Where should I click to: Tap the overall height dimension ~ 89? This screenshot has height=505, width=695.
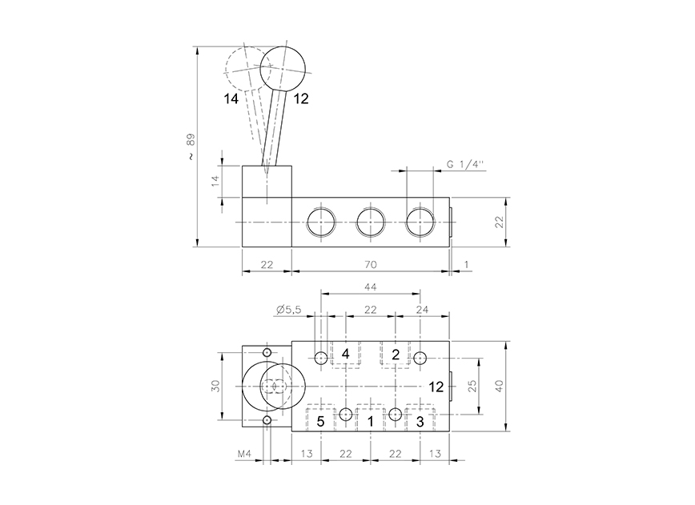point(189,147)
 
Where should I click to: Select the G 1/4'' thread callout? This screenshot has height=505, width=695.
point(466,164)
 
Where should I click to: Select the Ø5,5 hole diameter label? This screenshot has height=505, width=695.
point(287,310)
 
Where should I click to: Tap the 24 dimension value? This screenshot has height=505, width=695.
point(423,310)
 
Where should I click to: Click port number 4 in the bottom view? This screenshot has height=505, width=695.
point(346,355)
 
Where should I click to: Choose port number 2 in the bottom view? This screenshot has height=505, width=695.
point(396,355)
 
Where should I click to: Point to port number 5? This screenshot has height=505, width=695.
point(319,420)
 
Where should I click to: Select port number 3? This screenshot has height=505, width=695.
point(420,420)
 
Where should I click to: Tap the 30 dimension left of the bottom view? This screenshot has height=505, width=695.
point(215,386)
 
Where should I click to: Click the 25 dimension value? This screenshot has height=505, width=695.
point(472,386)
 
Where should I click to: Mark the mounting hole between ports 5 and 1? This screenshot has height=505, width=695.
point(345,414)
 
